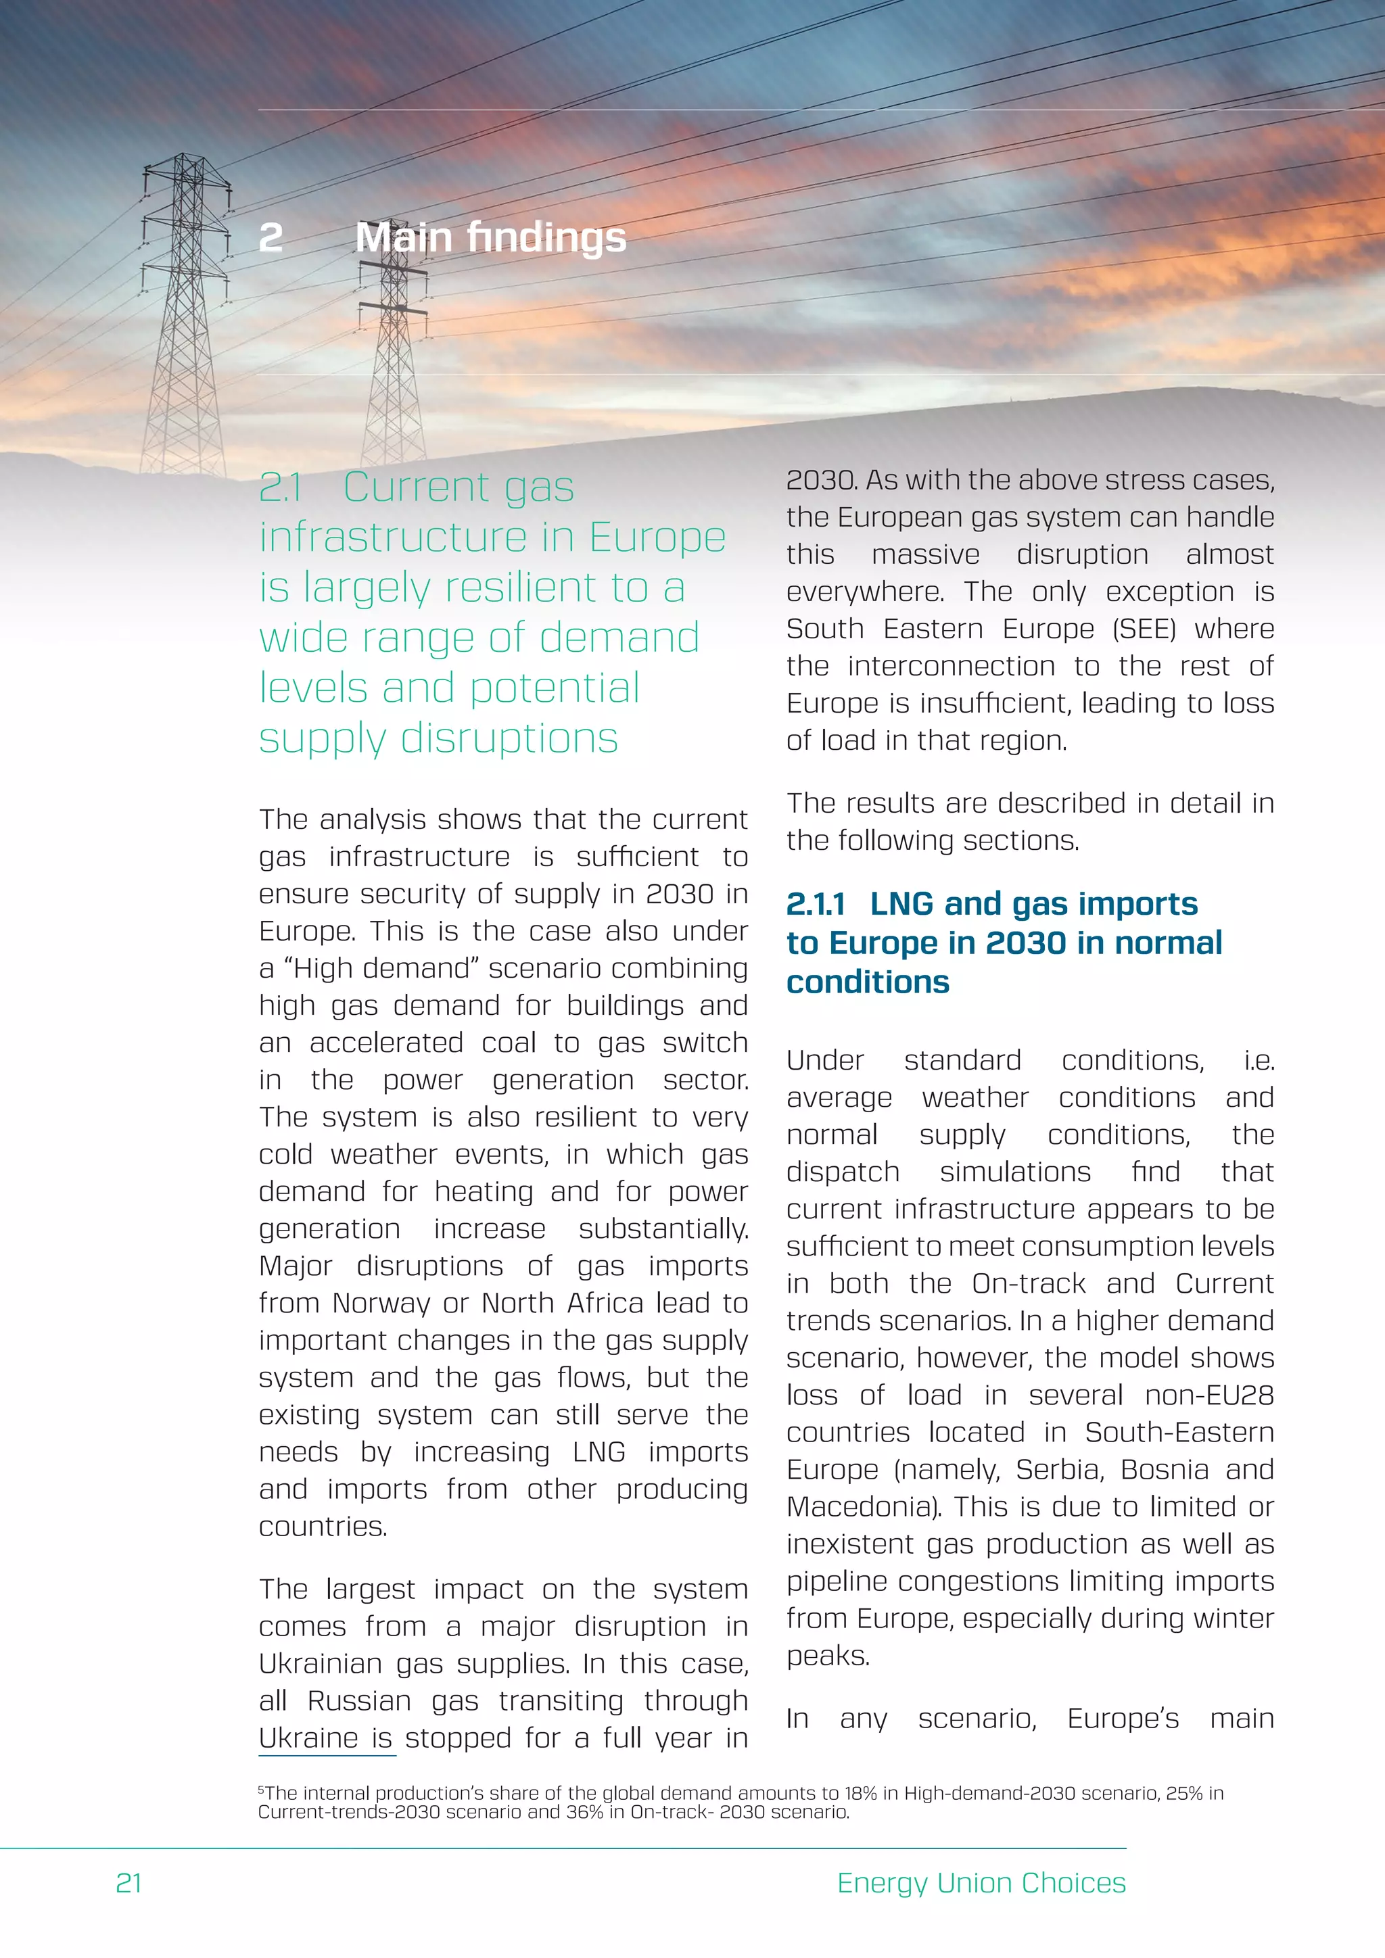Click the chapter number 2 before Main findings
(271, 238)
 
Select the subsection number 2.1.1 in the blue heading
(816, 904)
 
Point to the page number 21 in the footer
(128, 1882)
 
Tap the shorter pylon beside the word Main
(394, 341)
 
